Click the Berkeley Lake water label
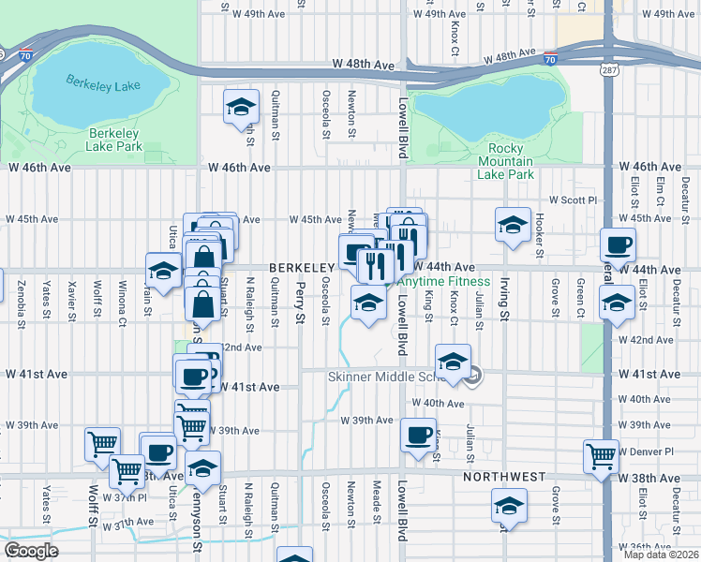click(103, 84)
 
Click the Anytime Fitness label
click(444, 281)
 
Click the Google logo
click(31, 551)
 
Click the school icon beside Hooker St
click(513, 225)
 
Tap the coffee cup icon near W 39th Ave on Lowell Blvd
click(418, 434)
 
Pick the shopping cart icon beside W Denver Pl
click(601, 456)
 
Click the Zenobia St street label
click(22, 296)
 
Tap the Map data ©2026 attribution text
click(661, 555)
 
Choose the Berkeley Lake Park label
click(113, 140)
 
